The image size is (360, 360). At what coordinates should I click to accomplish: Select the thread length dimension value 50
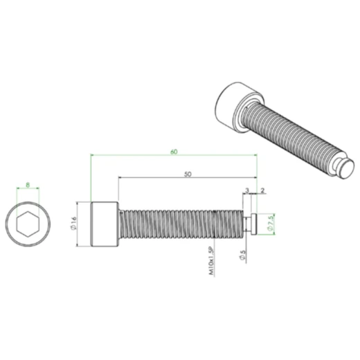pos(188,174)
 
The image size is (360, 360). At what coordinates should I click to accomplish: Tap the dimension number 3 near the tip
pos(246,190)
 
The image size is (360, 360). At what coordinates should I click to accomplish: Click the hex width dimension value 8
pos(27,186)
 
